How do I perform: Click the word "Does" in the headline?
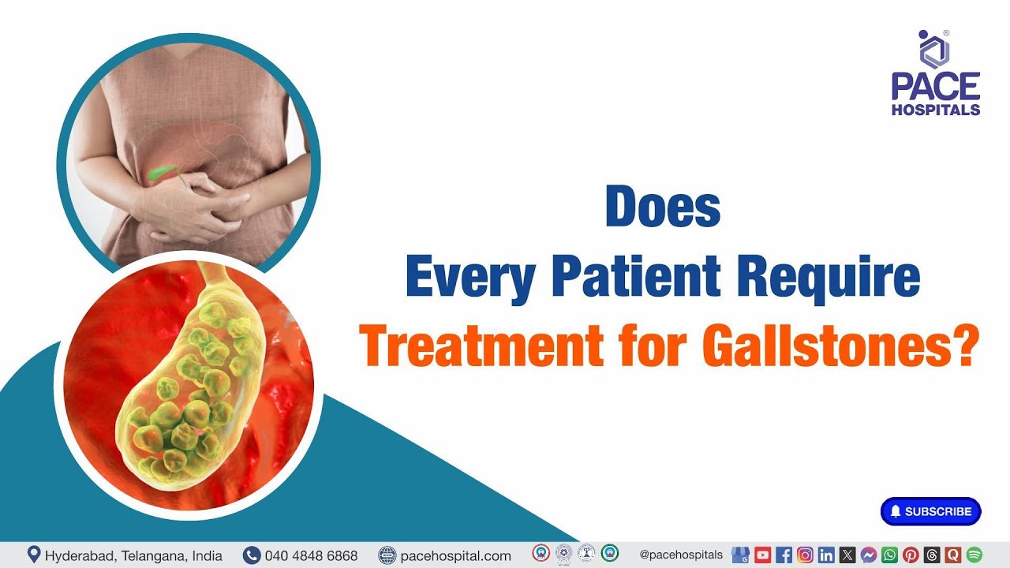(x=662, y=207)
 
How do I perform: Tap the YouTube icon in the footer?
(x=762, y=555)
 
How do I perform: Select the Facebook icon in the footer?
(x=784, y=555)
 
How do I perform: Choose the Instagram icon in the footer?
(x=805, y=555)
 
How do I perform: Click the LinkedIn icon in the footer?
(x=826, y=555)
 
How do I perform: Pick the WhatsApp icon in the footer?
(x=889, y=555)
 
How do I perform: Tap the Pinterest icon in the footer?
(x=911, y=555)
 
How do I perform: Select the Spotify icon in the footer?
(x=974, y=555)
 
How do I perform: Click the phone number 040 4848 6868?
(x=311, y=555)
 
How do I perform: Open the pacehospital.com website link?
(x=455, y=555)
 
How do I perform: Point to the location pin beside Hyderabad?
(x=34, y=555)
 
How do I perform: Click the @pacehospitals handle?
(x=681, y=555)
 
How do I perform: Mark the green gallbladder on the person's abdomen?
(x=161, y=172)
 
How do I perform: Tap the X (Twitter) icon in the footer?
(x=847, y=555)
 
